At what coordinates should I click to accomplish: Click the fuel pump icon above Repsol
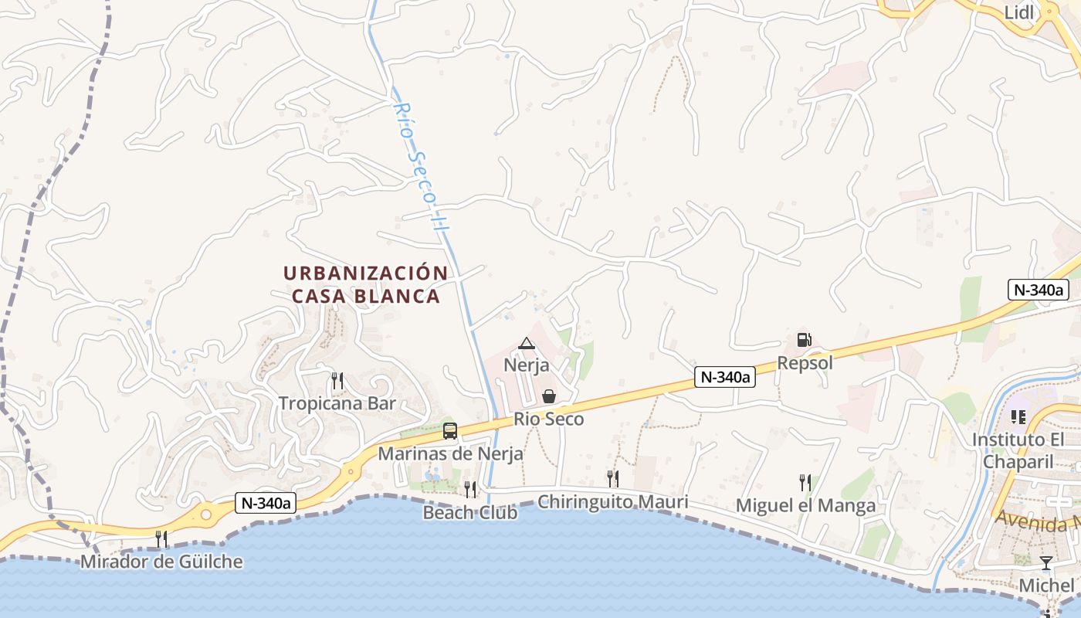pyautogui.click(x=804, y=340)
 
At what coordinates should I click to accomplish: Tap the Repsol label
pyautogui.click(x=805, y=362)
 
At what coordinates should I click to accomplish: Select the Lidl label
pyautogui.click(x=1019, y=12)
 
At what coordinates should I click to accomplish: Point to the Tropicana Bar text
pyautogui.click(x=337, y=403)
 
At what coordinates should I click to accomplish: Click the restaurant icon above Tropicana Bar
pyautogui.click(x=337, y=380)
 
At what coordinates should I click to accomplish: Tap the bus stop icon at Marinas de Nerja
pyautogui.click(x=449, y=431)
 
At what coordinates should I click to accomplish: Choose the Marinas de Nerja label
pyautogui.click(x=450, y=453)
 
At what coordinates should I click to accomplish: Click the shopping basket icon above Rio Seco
pyautogui.click(x=549, y=396)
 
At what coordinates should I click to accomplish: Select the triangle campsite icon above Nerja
pyautogui.click(x=527, y=343)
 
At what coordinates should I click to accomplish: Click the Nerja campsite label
pyautogui.click(x=527, y=365)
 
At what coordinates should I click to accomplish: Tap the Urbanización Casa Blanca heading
pyautogui.click(x=366, y=284)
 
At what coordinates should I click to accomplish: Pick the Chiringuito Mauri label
pyautogui.click(x=612, y=502)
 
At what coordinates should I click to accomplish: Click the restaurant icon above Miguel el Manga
pyautogui.click(x=805, y=483)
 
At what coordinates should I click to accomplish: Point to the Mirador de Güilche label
pyautogui.click(x=161, y=562)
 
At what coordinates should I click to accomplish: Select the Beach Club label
pyautogui.click(x=470, y=512)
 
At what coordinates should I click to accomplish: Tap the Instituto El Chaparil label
pyautogui.click(x=1018, y=450)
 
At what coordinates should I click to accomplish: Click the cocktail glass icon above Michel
pyautogui.click(x=1046, y=562)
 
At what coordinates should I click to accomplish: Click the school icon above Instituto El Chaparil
pyautogui.click(x=1018, y=417)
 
